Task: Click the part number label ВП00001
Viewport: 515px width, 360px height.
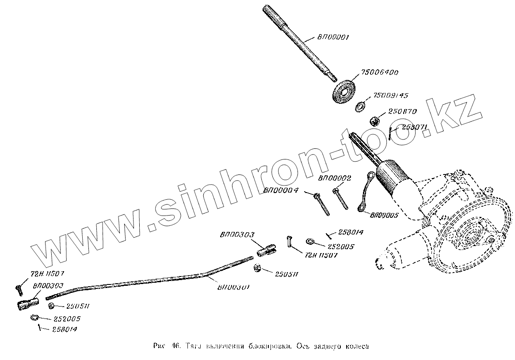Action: pos(333,38)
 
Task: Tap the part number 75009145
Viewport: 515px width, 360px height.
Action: pos(391,95)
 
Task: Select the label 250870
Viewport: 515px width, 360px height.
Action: pos(402,112)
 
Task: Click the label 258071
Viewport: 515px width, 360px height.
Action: pos(414,128)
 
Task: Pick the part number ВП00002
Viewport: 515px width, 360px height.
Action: pos(335,178)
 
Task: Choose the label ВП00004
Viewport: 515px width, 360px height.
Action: pos(281,191)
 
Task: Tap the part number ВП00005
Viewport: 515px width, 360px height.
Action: pos(384,216)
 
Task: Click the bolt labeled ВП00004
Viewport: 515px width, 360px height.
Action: pos(321,204)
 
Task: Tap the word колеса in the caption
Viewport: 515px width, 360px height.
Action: pos(354,346)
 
